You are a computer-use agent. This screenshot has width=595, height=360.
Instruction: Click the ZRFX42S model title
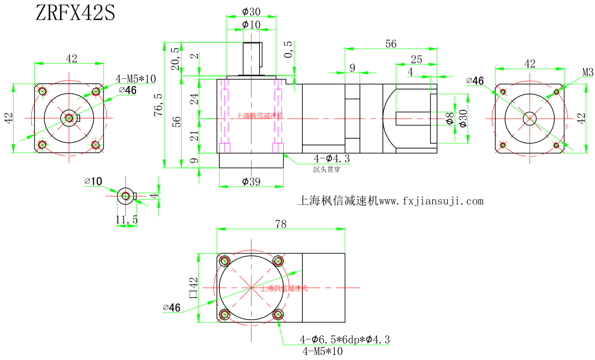[x=75, y=13]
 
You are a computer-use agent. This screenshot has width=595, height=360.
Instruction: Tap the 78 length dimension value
[x=281, y=223]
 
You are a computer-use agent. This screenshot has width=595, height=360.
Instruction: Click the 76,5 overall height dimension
[x=159, y=105]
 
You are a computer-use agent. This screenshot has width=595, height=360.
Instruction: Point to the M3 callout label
[x=588, y=73]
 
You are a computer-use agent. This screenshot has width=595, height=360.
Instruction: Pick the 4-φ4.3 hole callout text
[x=332, y=159]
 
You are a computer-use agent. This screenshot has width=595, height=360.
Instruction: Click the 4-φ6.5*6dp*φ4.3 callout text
[x=344, y=339]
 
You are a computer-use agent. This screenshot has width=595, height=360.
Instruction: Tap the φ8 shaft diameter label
[x=450, y=118]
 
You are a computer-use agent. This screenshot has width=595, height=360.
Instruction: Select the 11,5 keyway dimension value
[x=127, y=220]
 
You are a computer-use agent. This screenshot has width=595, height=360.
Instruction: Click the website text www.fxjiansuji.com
[x=430, y=201]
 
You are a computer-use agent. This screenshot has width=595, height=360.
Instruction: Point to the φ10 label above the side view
[x=251, y=25]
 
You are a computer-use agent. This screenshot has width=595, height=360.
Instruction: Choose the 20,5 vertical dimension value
[x=175, y=59]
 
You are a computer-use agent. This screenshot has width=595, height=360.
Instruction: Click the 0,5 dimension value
[x=288, y=50]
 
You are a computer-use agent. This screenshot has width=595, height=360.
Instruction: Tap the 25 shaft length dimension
[x=416, y=59]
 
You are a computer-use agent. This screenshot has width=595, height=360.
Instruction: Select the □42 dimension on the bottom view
[x=193, y=287]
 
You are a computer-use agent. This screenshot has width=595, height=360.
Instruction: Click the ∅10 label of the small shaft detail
[x=93, y=181]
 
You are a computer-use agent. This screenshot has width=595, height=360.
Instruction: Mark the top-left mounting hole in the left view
[x=42, y=91]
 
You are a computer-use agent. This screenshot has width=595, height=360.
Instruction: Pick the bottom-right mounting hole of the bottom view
[x=278, y=315]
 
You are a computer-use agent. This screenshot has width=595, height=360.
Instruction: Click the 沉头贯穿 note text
[x=327, y=170]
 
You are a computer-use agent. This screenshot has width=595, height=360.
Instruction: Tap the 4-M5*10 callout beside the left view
[x=136, y=78]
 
